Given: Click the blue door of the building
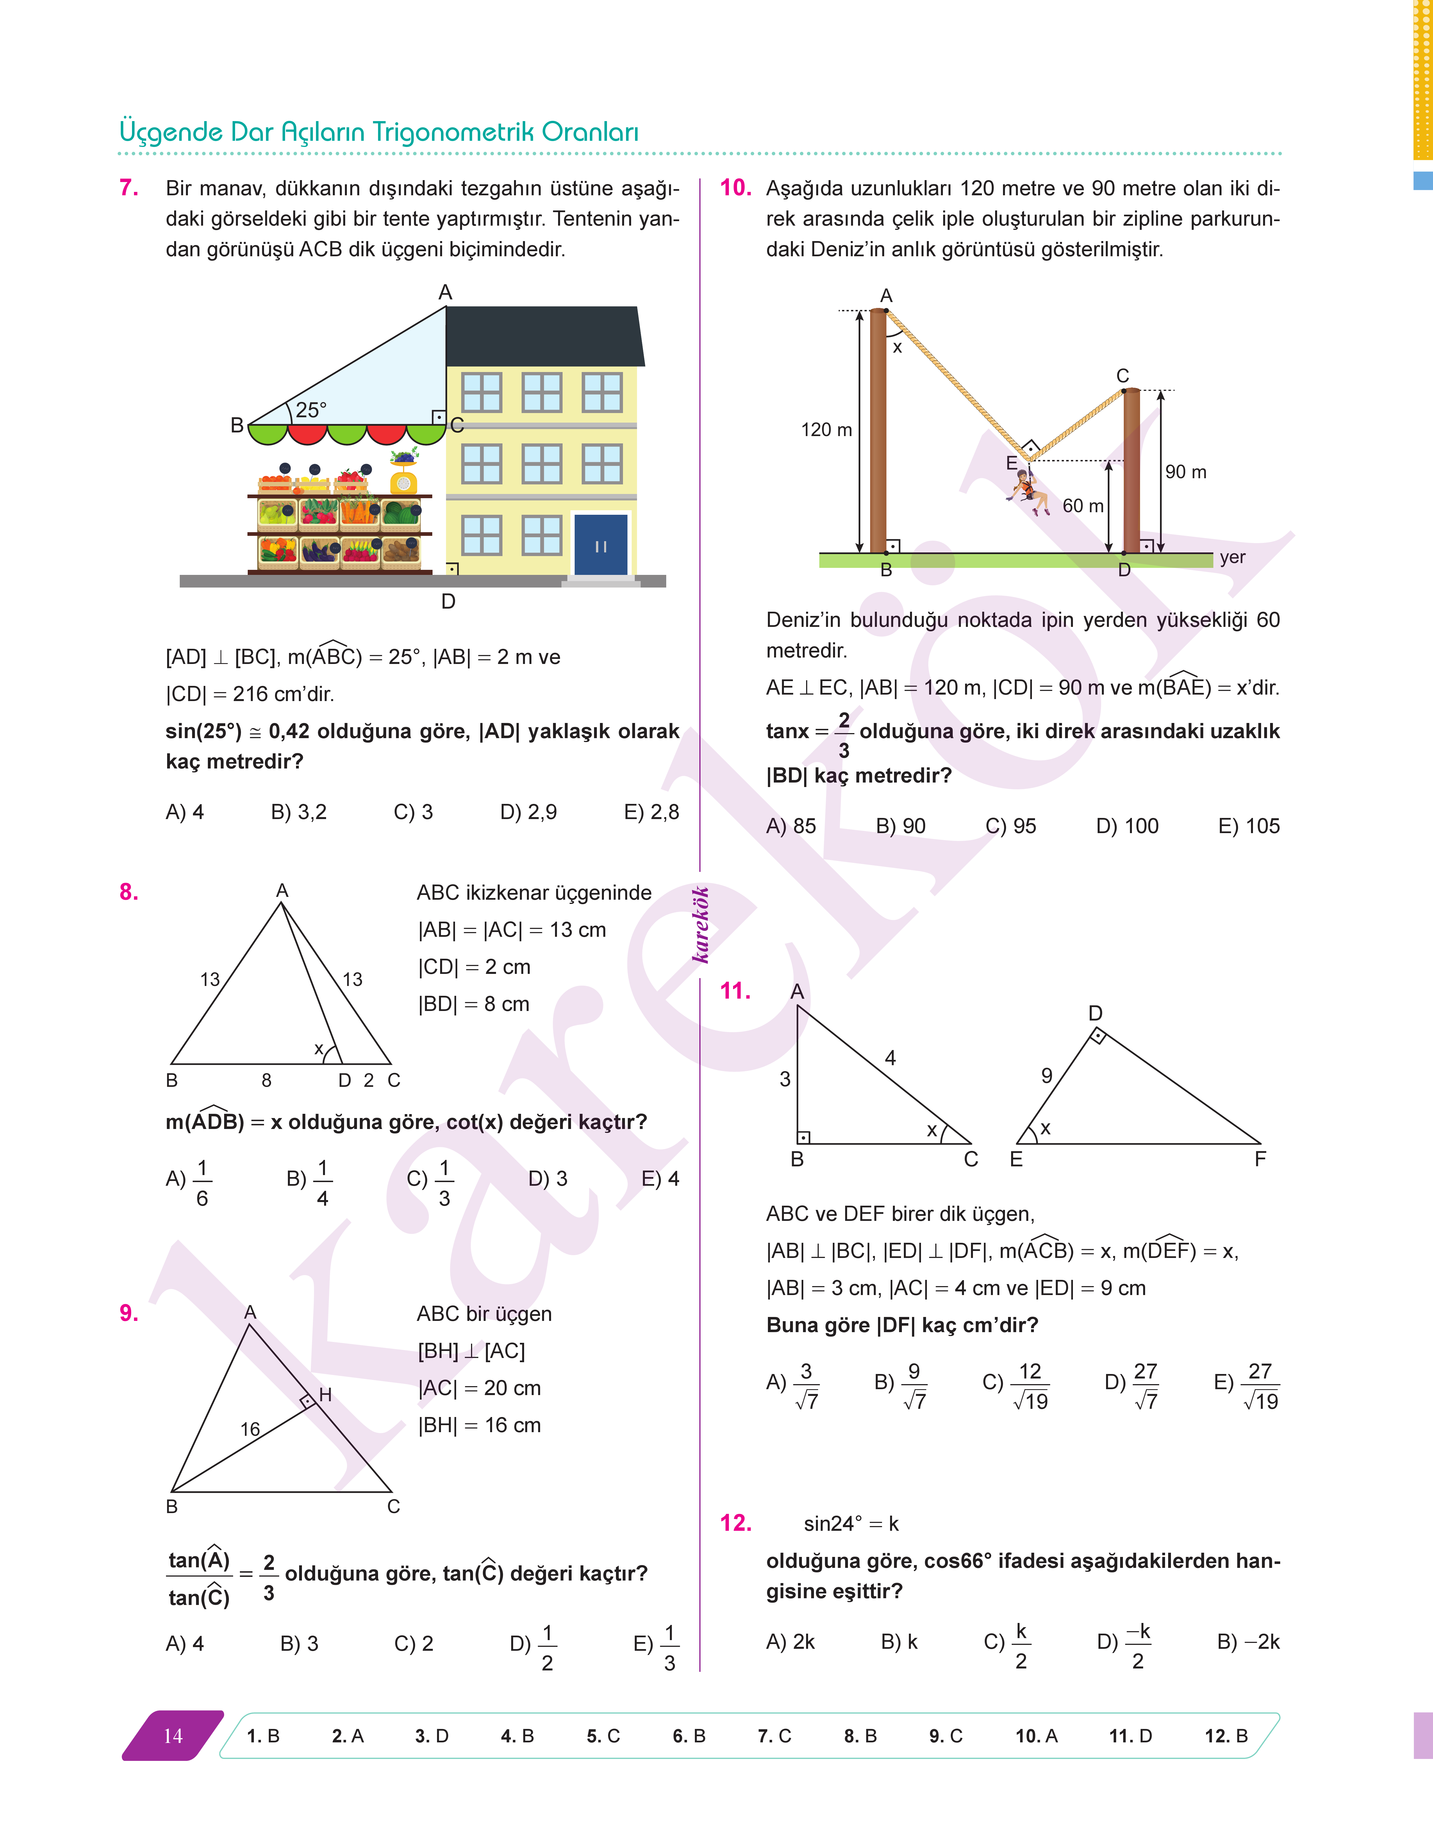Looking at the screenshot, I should [x=601, y=545].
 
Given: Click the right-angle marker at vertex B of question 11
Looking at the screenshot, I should [x=803, y=1137].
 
